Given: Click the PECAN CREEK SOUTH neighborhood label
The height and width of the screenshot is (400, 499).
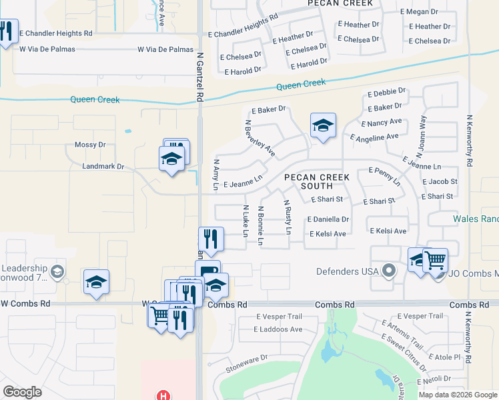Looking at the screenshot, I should coord(308,181).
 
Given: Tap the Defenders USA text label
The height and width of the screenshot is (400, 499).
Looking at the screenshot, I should coord(345,271).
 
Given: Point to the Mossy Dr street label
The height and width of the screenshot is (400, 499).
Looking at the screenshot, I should coord(90,145).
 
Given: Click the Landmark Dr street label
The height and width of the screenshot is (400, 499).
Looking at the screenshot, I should coord(103,167).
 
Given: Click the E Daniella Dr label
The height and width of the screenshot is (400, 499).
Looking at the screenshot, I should coord(328,219).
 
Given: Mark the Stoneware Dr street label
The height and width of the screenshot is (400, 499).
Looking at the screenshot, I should coord(246,357).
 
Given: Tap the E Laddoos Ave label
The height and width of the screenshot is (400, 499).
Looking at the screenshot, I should coord(278,329).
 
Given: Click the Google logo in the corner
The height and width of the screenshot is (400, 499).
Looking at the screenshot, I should coord(22,392).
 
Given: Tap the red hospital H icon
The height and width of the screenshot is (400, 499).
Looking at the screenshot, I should coord(162,396).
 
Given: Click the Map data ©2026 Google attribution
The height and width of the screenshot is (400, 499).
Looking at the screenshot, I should coord(457,395).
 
